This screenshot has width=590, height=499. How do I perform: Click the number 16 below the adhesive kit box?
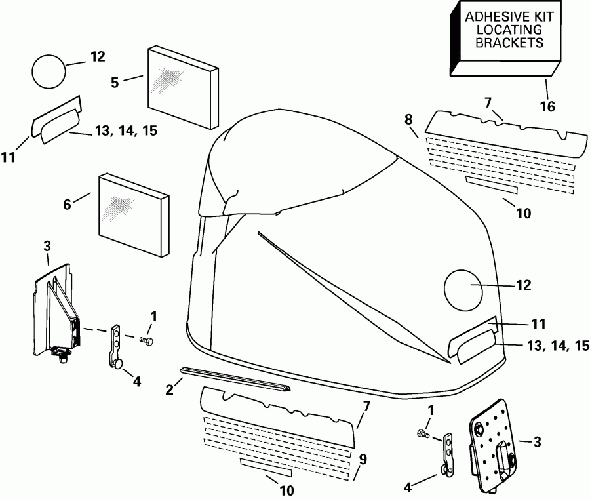tap(547, 106)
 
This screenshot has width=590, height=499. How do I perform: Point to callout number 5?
tap(115, 83)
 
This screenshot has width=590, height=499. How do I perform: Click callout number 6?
tap(66, 204)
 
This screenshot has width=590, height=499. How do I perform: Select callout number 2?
tap(169, 389)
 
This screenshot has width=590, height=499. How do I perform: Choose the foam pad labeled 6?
tap(131, 215)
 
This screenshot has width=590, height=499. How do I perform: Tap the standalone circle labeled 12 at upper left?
tap(49, 71)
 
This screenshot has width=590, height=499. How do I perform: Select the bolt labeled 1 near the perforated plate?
tap(423, 433)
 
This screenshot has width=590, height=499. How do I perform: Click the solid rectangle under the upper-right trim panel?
tap(491, 185)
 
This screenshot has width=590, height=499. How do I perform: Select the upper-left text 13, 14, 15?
tap(126, 131)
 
